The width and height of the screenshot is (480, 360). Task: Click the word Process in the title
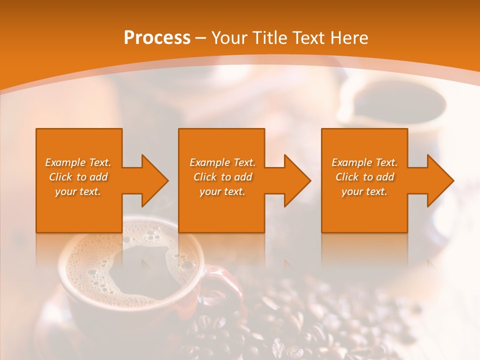(x=157, y=38)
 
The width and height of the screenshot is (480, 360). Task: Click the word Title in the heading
(x=269, y=38)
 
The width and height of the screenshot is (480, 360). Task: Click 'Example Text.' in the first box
(x=78, y=162)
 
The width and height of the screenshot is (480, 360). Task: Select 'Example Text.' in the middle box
(x=222, y=162)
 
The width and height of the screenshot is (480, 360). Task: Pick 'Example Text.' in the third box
(x=364, y=162)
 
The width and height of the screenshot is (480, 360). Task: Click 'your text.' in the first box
(x=78, y=191)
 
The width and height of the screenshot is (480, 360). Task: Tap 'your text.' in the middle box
(x=222, y=191)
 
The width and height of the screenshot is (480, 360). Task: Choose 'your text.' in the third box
(x=364, y=191)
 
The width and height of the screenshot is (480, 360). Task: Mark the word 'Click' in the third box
(x=347, y=177)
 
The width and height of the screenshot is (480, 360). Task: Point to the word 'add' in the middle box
(x=242, y=177)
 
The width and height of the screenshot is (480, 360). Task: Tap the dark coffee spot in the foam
(x=135, y=270)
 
